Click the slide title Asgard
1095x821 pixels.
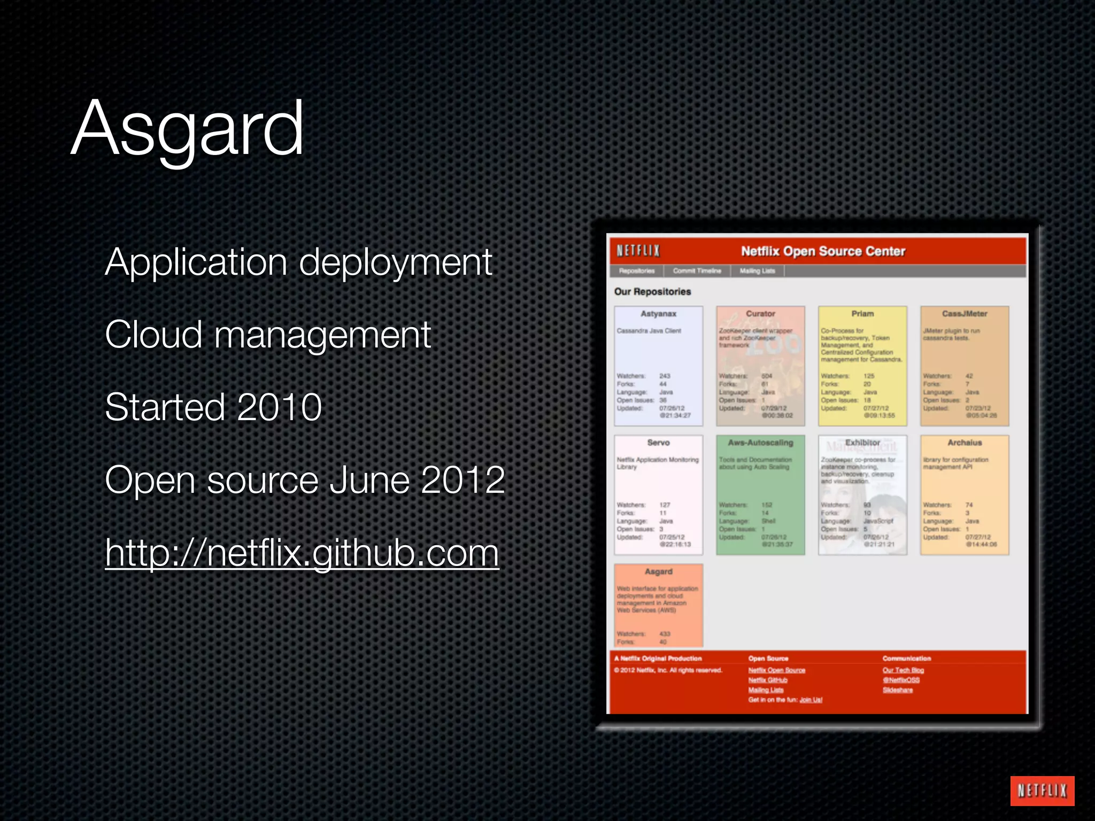(187, 128)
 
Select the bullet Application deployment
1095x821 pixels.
(298, 263)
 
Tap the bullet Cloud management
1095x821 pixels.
(267, 335)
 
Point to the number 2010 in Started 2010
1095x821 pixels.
(279, 407)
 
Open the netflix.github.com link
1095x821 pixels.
(302, 553)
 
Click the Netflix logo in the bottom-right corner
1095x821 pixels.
(1042, 791)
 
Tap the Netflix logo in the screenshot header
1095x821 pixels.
(638, 251)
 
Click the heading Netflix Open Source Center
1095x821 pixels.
(823, 251)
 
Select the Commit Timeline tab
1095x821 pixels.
(697, 271)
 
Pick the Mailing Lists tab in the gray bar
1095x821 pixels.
(757, 271)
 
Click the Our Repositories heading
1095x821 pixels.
(652, 292)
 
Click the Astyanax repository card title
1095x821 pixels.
(658, 314)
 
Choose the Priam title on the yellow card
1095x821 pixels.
(862, 314)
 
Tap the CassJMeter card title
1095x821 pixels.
(965, 314)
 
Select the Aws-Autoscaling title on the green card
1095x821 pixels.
(760, 443)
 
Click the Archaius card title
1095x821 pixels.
(965, 443)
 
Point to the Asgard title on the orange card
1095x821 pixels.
(658, 571)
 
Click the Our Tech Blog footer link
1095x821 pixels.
(903, 670)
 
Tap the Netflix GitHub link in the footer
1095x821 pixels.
(768, 680)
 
